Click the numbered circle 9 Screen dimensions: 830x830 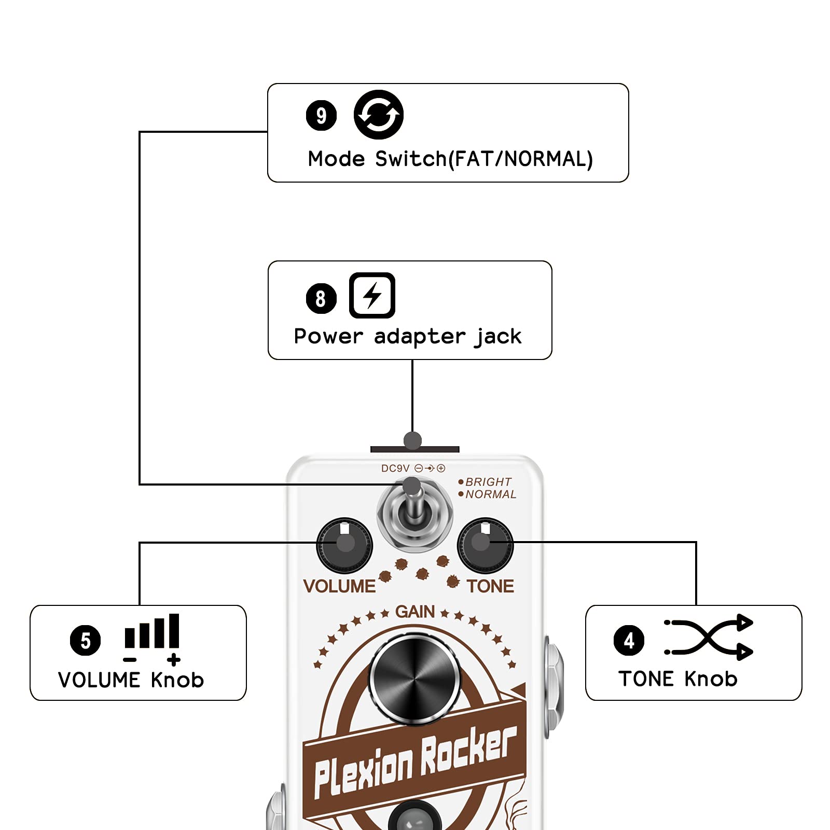pyautogui.click(x=321, y=115)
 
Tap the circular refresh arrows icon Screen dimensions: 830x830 pyautogui.click(x=378, y=115)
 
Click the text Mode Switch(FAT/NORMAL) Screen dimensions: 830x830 pyautogui.click(x=450, y=159)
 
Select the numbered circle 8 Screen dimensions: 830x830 pyautogui.click(x=321, y=298)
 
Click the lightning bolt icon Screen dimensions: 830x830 pyautogui.click(x=372, y=295)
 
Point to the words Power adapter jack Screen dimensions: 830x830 pyautogui.click(x=407, y=337)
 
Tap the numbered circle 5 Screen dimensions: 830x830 pyautogui.click(x=85, y=640)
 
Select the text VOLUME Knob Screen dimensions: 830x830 pyautogui.click(x=131, y=680)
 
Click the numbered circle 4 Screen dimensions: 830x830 pyautogui.click(x=629, y=640)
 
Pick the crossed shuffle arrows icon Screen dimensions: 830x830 pyautogui.click(x=709, y=637)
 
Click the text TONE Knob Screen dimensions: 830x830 pyautogui.click(x=677, y=679)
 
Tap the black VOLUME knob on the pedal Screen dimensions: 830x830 pyautogui.click(x=344, y=545)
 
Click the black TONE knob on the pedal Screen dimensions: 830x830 pyautogui.click(x=485, y=545)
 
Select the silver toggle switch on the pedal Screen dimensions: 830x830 pyautogui.click(x=414, y=514)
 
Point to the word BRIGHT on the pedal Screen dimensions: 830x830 pyautogui.click(x=488, y=482)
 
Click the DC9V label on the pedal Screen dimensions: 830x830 pyautogui.click(x=395, y=468)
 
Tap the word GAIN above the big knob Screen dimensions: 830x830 pyautogui.click(x=414, y=612)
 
